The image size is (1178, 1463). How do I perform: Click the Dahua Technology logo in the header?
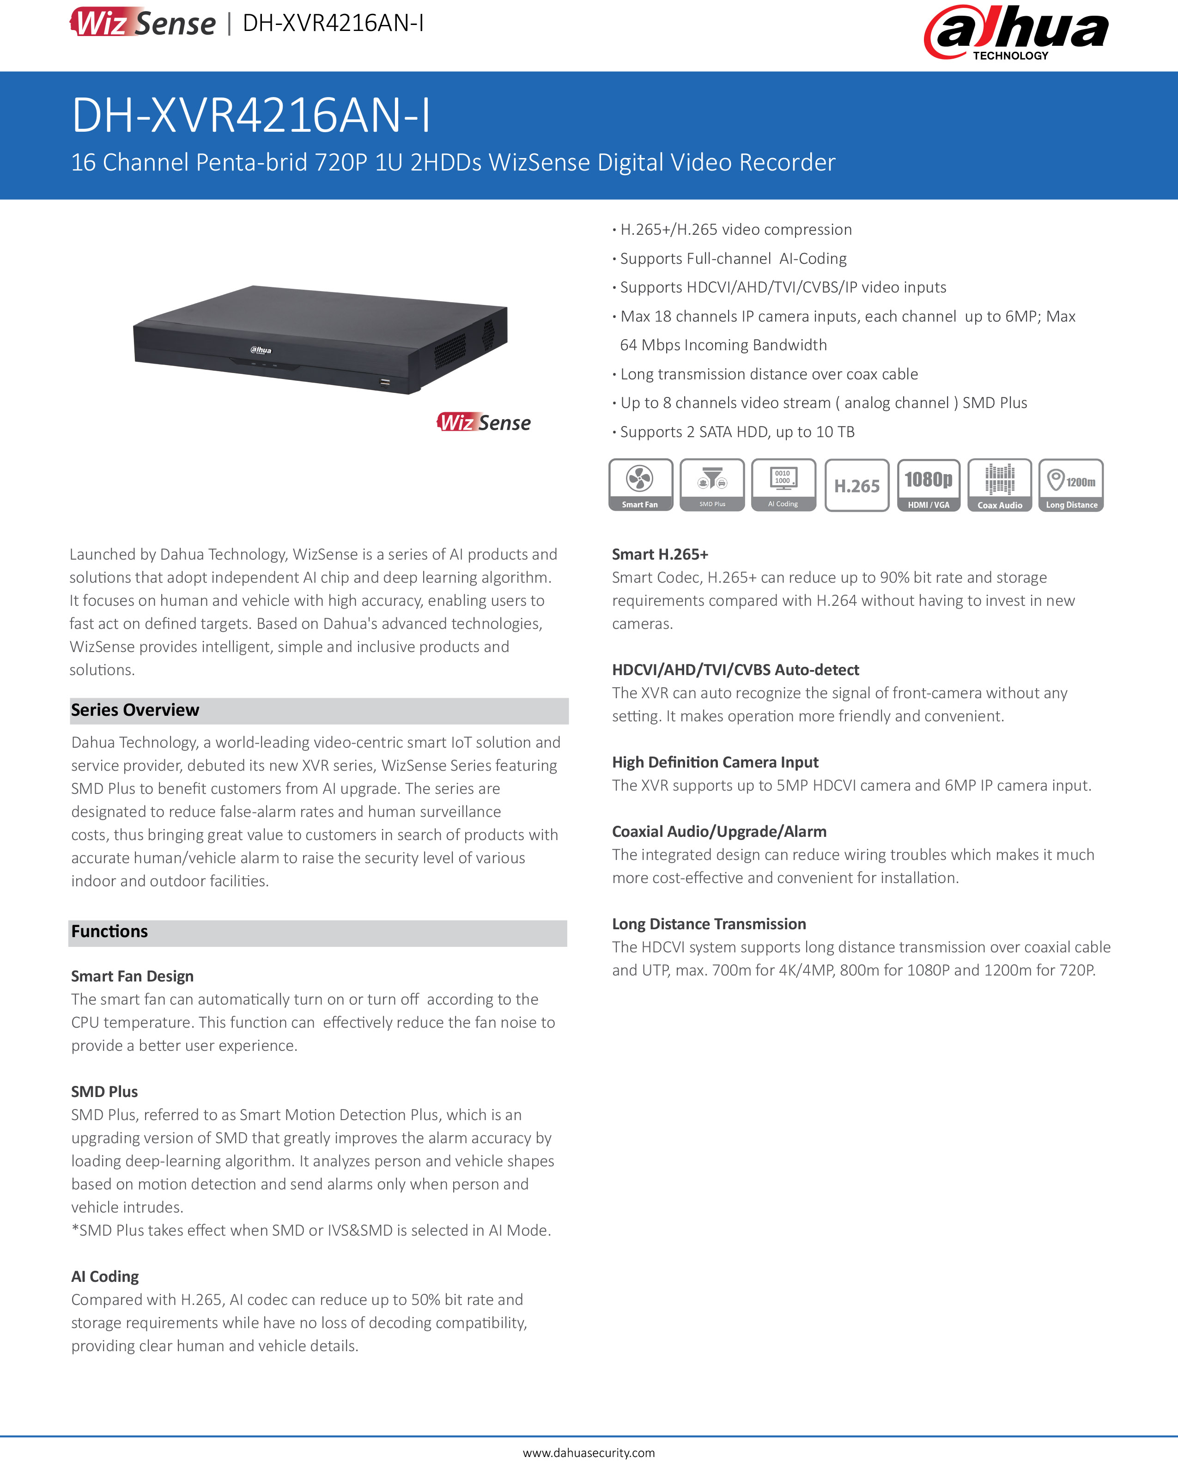point(1016,33)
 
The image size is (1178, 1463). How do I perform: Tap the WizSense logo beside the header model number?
point(142,22)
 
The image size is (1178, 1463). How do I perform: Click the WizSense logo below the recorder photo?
point(484,422)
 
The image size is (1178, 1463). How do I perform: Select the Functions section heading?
point(109,932)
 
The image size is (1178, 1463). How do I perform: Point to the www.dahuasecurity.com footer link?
point(589,1452)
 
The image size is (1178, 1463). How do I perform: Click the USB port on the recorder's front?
point(385,382)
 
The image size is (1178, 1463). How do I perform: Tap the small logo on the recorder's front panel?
point(261,350)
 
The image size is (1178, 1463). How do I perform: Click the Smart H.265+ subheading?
point(660,555)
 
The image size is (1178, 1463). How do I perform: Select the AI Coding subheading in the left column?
point(105,1277)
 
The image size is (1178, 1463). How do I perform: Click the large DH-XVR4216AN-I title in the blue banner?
point(251,115)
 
